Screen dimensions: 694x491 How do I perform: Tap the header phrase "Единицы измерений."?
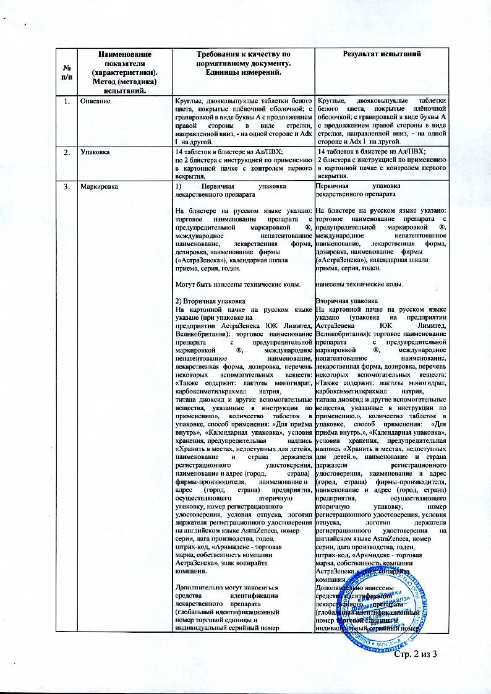coord(244,74)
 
